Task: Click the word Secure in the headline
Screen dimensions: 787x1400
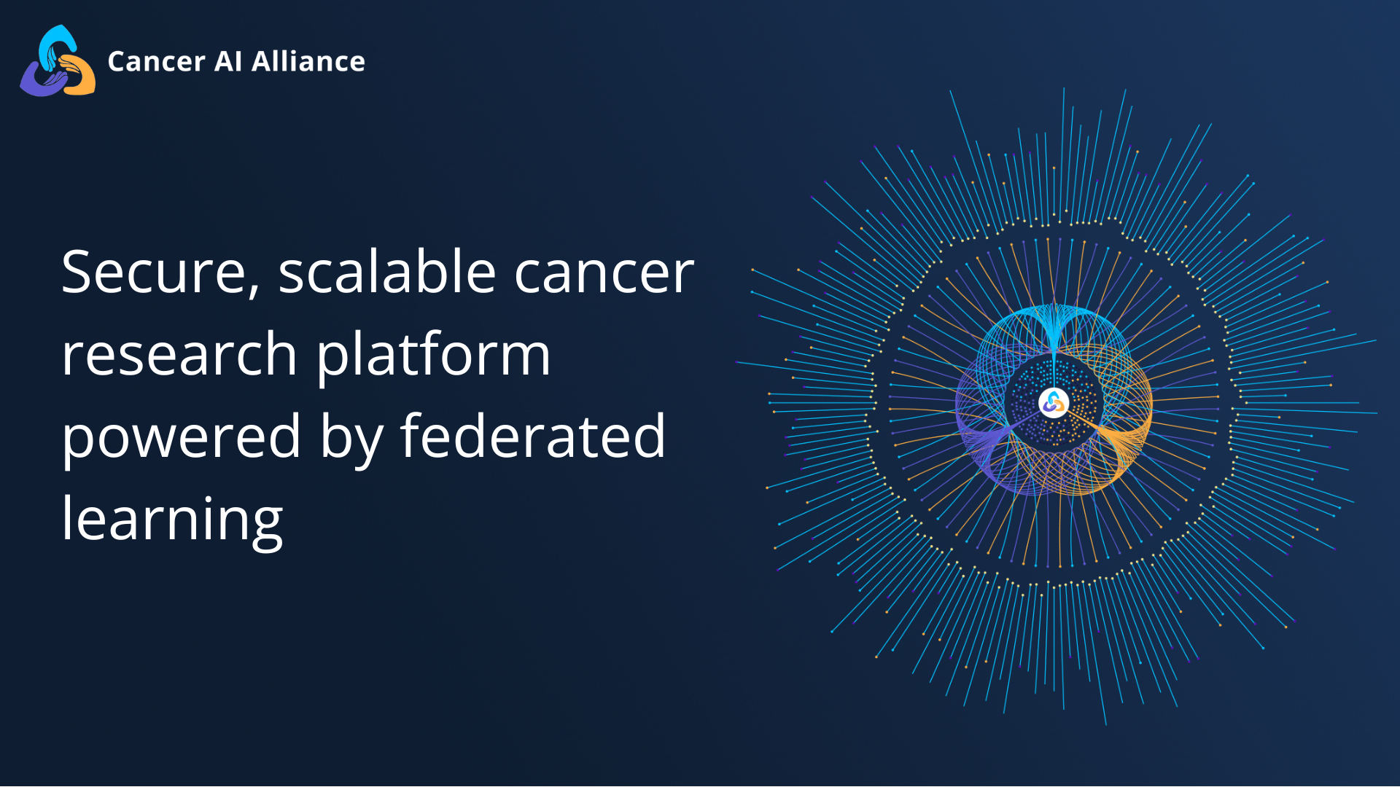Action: (153, 272)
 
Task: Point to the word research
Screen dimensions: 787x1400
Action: (179, 355)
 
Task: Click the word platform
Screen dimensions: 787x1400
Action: (433, 355)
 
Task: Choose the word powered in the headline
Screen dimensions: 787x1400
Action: (181, 437)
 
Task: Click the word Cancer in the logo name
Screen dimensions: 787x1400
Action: (156, 62)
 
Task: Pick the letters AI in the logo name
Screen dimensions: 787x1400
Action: (227, 62)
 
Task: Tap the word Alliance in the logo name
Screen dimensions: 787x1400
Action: (308, 62)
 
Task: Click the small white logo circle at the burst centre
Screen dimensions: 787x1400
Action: (1053, 402)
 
